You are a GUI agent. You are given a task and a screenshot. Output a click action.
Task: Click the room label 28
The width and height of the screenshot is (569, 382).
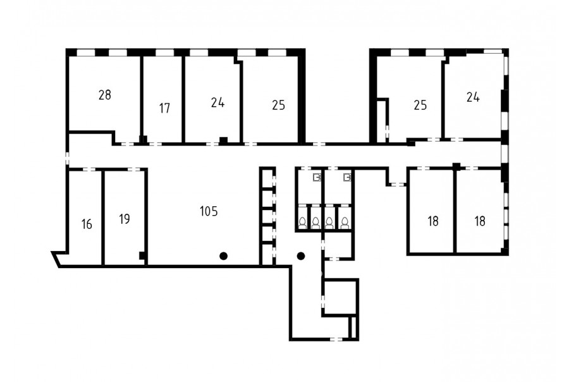104,95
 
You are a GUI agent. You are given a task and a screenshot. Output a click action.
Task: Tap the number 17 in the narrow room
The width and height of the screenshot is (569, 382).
164,108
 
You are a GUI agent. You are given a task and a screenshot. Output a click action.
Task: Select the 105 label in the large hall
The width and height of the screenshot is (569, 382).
209,211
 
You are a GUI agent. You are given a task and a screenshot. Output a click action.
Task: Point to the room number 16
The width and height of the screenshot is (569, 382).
87,225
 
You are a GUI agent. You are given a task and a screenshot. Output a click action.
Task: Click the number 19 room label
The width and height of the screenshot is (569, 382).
124,219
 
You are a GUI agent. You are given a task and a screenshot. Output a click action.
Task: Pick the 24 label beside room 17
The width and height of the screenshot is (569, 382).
217,102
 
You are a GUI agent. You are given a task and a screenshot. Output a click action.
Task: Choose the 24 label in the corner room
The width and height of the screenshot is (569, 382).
473,97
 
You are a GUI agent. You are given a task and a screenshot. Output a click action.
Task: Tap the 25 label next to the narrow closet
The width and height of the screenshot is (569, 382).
420,105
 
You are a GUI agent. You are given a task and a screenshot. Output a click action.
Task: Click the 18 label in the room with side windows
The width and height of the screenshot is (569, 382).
480,221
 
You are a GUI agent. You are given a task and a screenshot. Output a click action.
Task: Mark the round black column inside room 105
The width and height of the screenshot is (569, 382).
224,256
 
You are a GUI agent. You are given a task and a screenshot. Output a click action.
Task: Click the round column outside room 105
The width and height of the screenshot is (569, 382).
301,256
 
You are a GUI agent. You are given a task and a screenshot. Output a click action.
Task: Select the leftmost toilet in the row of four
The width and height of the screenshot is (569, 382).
303,223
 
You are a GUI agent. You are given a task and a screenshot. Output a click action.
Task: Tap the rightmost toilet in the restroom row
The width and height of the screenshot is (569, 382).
345,223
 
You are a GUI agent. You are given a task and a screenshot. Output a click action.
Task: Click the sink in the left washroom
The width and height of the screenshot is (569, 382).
317,177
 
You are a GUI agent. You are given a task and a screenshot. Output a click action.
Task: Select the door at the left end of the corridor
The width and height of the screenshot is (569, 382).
67,158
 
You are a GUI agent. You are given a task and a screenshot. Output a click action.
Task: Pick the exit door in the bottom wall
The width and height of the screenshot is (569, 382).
336,339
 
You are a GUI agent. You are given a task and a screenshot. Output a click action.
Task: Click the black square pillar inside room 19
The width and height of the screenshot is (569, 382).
142,256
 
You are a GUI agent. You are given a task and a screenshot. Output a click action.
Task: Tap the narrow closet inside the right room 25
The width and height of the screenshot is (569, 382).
381,122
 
